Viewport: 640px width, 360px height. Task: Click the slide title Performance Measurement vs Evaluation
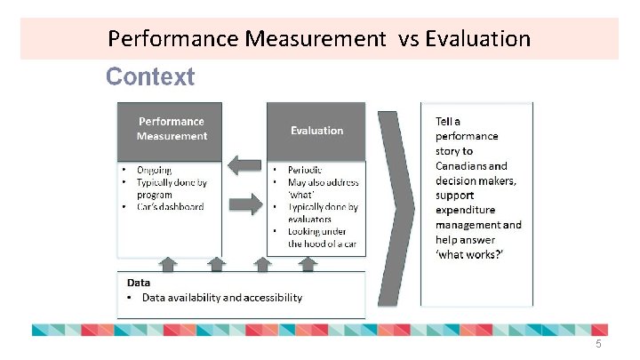318,39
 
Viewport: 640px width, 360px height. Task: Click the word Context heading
149,77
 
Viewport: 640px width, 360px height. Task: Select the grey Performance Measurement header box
171,130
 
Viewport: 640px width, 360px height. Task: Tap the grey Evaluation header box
316,131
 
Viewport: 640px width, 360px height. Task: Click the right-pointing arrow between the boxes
244,204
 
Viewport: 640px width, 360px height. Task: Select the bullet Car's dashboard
170,206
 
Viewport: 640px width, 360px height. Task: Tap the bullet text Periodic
305,170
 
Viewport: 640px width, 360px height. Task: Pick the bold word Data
138,283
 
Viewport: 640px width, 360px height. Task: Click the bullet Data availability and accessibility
221,298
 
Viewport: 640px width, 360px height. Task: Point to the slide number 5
598,345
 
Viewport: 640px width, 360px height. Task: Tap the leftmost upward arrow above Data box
168,263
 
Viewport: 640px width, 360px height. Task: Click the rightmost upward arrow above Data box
308,263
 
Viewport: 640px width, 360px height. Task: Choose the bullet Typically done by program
171,188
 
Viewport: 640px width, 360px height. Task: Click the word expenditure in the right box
467,211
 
